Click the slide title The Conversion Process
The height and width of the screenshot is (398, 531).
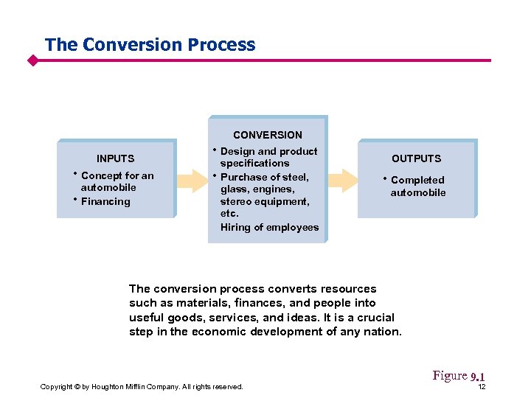tap(150, 44)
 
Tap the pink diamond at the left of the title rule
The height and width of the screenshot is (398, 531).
tap(32, 60)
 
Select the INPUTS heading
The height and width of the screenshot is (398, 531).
tap(116, 158)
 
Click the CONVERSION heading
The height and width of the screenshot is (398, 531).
tap(267, 135)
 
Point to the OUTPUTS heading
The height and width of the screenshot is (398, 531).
tap(416, 158)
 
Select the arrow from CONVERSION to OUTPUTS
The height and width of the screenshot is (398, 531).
tap(342, 179)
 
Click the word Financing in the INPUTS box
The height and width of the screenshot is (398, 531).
tap(105, 201)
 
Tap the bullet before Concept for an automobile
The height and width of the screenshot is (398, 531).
tap(75, 175)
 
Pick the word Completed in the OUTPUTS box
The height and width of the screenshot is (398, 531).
tap(417, 180)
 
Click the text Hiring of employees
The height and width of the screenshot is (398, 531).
tap(269, 227)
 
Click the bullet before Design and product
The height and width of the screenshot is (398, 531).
tap(215, 150)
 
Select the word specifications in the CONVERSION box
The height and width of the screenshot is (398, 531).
tap(254, 163)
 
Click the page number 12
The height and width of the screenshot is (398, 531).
tap(481, 387)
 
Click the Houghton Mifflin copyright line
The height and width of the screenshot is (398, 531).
tap(142, 387)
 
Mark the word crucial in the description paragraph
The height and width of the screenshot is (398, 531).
tap(372, 318)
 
